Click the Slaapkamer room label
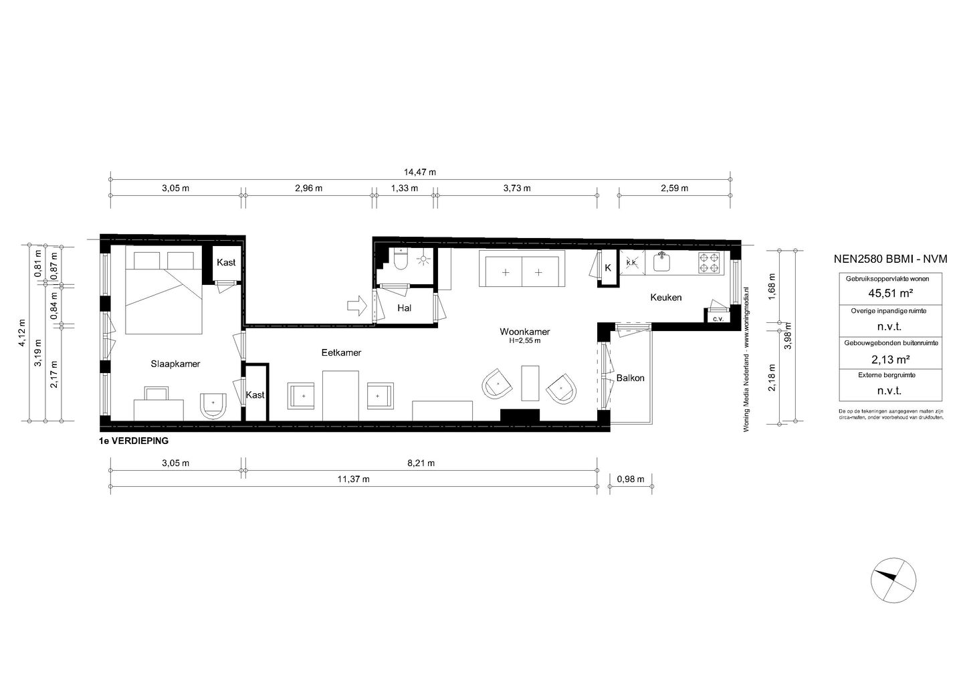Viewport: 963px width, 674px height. pyautogui.click(x=176, y=364)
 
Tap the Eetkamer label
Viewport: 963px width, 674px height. pyautogui.click(x=341, y=352)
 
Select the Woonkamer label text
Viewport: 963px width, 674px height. pyautogui.click(x=524, y=332)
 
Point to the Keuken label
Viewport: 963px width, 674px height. pyautogui.click(x=665, y=298)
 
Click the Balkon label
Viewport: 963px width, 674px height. pyautogui.click(x=630, y=378)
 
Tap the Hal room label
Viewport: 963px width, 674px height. pyautogui.click(x=404, y=308)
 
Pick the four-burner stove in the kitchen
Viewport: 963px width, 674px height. pyautogui.click(x=710, y=263)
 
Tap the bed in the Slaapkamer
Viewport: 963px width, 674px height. pyautogui.click(x=163, y=292)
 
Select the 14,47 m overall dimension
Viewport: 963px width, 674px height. pyautogui.click(x=420, y=172)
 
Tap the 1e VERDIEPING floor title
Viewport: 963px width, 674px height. pyautogui.click(x=133, y=441)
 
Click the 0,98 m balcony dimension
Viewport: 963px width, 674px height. pyautogui.click(x=630, y=479)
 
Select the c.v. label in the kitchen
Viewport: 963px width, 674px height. pyautogui.click(x=718, y=319)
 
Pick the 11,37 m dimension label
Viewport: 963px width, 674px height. pyautogui.click(x=353, y=479)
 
